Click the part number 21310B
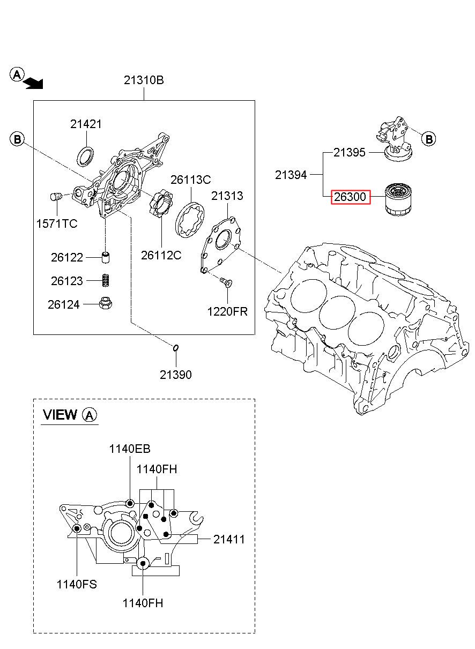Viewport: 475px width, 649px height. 144,80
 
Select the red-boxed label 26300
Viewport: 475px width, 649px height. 351,197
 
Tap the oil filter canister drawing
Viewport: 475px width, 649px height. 398,199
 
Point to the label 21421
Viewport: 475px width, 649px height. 86,124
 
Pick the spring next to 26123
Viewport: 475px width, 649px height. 106,280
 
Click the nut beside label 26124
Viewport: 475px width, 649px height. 106,304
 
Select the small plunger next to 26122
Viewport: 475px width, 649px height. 106,258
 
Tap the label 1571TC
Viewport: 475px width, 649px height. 57,223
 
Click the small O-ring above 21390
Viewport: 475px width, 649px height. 176,348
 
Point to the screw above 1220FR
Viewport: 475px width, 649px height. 226,281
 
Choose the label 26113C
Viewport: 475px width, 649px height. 190,180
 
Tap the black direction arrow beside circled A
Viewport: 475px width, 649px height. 34,84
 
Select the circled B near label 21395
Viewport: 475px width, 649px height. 429,139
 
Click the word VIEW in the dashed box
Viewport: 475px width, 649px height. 60,415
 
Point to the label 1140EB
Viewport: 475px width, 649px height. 130,449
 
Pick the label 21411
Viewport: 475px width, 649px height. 229,539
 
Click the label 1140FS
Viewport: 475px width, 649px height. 77,584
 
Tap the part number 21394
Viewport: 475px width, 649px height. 291,175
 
